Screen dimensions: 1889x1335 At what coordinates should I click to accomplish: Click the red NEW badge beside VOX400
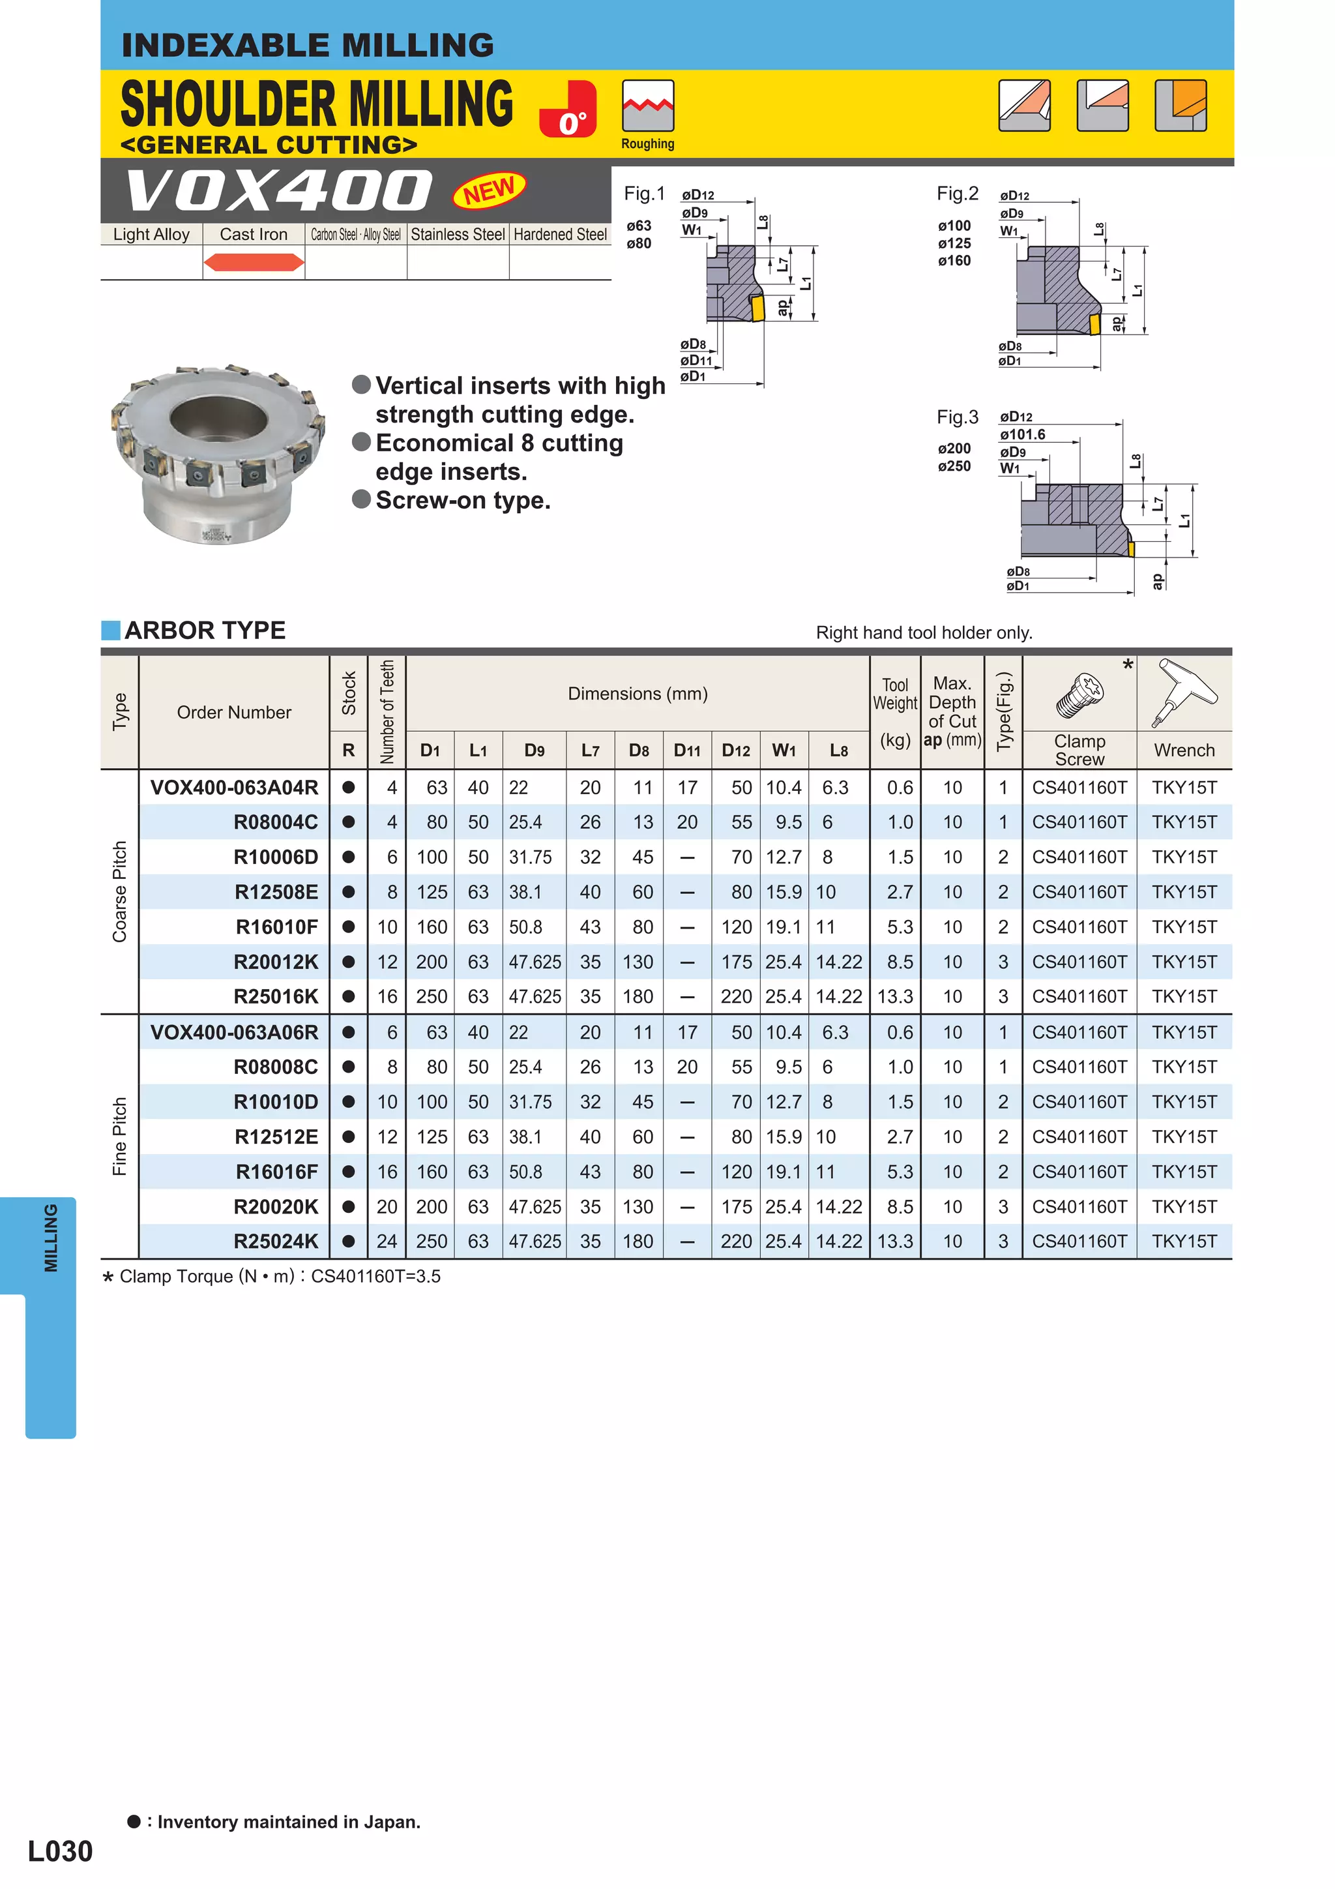(x=489, y=191)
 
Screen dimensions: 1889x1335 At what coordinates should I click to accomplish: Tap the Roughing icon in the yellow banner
(x=647, y=106)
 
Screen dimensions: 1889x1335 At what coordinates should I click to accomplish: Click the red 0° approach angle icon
(x=568, y=110)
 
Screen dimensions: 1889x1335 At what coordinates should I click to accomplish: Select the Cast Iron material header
(x=254, y=235)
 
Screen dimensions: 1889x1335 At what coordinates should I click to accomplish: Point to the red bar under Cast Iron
(x=254, y=263)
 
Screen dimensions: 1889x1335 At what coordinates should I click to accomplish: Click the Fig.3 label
(x=957, y=417)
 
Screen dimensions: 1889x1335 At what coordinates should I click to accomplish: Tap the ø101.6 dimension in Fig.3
(x=1021, y=434)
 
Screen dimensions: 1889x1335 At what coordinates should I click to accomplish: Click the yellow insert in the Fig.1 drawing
(x=757, y=308)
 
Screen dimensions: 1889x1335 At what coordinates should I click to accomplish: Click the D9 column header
(x=534, y=751)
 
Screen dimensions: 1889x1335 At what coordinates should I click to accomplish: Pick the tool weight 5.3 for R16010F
(x=899, y=927)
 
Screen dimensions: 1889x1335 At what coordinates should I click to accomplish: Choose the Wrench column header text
(x=1184, y=751)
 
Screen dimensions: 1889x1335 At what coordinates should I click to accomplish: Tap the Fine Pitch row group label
(x=119, y=1136)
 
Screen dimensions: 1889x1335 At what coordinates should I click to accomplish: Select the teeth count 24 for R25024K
(x=387, y=1242)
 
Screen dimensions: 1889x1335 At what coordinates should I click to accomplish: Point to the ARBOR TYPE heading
(x=205, y=631)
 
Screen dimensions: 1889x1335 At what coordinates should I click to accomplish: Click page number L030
(x=60, y=1851)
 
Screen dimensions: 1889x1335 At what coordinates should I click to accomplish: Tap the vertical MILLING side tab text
(x=51, y=1238)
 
